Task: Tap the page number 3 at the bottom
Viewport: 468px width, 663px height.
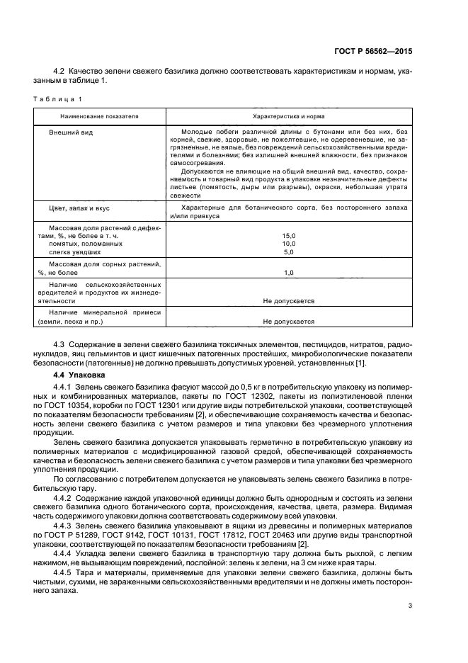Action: [x=410, y=606]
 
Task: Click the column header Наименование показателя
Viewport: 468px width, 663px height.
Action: [x=99, y=115]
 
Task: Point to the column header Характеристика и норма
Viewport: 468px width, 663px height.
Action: [x=289, y=115]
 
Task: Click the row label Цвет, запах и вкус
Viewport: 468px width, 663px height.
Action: [x=79, y=209]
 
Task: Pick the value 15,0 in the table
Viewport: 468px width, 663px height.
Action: [x=288, y=236]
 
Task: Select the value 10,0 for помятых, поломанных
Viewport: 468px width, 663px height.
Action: [x=288, y=244]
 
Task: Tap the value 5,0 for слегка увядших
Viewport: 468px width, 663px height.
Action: [x=288, y=251]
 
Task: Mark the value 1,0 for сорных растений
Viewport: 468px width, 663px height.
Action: [x=288, y=272]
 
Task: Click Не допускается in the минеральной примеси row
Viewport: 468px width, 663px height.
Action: [x=288, y=321]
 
